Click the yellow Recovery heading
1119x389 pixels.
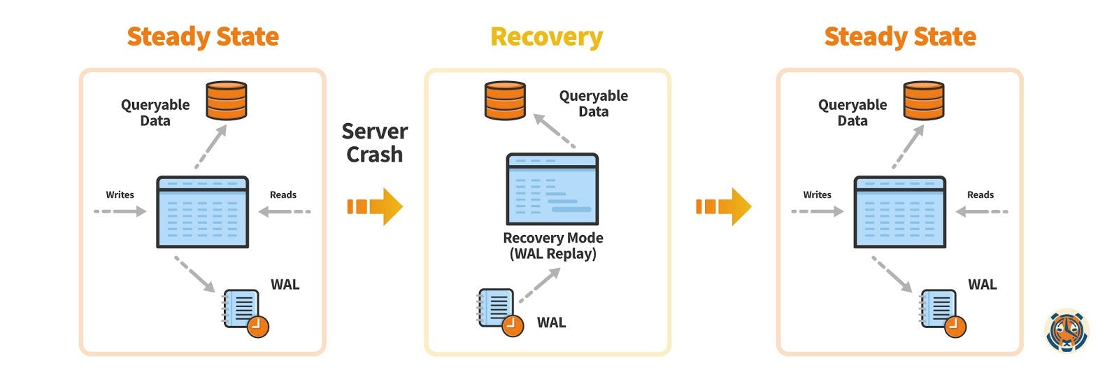point(546,36)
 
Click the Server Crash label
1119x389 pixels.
point(375,143)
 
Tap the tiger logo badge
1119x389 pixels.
point(1067,330)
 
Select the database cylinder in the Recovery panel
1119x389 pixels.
point(505,100)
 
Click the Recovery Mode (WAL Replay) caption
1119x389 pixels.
point(553,246)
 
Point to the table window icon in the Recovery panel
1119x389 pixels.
point(552,189)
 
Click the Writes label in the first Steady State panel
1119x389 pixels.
point(120,194)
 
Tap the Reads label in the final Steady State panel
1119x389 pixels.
point(980,194)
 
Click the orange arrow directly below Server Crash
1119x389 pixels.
point(375,206)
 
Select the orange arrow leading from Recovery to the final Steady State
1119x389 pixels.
point(723,206)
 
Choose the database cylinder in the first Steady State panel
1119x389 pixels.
point(226,101)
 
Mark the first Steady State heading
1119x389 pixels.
point(203,36)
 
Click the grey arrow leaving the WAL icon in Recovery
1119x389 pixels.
point(540,285)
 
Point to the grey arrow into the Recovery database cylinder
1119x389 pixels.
point(555,131)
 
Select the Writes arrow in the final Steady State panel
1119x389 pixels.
point(817,211)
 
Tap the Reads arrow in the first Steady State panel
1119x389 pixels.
point(284,211)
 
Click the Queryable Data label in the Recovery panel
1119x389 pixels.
point(593,104)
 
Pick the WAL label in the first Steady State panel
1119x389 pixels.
point(285,284)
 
